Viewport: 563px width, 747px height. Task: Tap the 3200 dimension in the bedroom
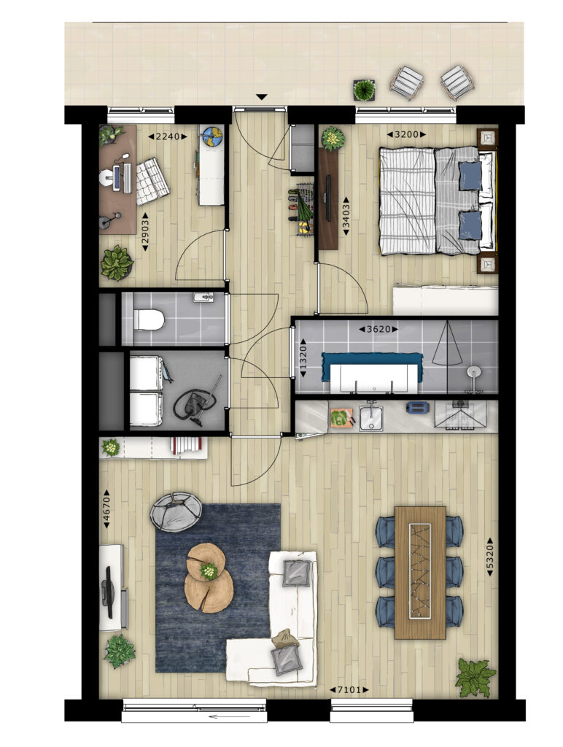406,134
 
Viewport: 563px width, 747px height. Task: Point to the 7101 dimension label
349,689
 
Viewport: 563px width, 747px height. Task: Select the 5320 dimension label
489,557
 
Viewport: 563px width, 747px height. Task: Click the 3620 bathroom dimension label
378,329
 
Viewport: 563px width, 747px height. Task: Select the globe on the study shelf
211,136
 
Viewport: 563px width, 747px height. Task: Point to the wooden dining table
420,573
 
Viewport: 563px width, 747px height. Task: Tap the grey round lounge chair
175,511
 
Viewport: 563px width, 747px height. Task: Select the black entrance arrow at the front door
261,97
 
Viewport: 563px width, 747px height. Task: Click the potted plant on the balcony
364,90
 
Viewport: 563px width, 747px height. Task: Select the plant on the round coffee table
209,570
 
